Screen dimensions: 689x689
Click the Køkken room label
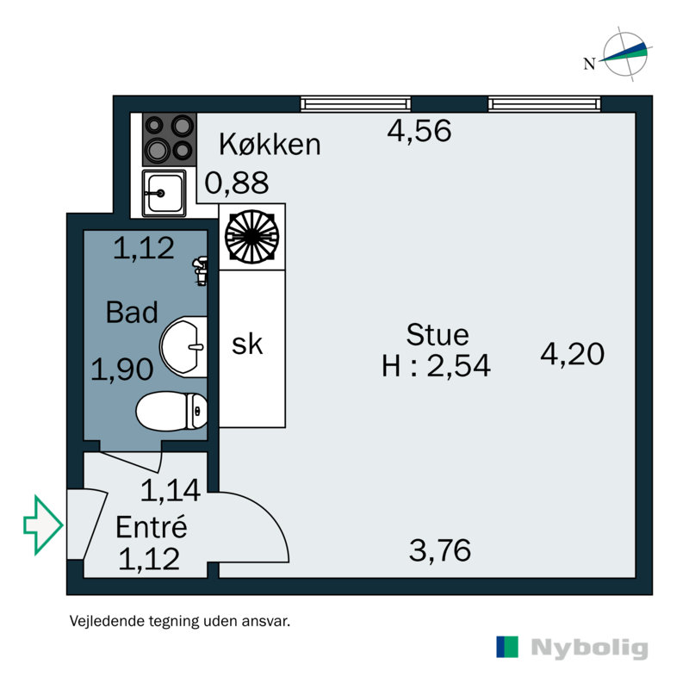tap(270, 145)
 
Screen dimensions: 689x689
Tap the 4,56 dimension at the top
tap(419, 132)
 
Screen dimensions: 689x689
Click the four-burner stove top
tap(169, 140)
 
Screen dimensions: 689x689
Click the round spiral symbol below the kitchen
tap(251, 236)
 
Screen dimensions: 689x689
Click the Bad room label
tap(132, 313)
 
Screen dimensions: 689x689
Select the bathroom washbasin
tap(185, 347)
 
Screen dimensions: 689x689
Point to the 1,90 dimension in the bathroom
tap(122, 370)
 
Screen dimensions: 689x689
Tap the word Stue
tap(438, 334)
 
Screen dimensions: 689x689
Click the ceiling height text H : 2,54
tap(437, 367)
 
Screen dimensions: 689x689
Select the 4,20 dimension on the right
tap(573, 353)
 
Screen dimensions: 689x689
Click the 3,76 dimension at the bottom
tap(440, 550)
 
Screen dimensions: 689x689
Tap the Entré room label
tap(152, 525)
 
